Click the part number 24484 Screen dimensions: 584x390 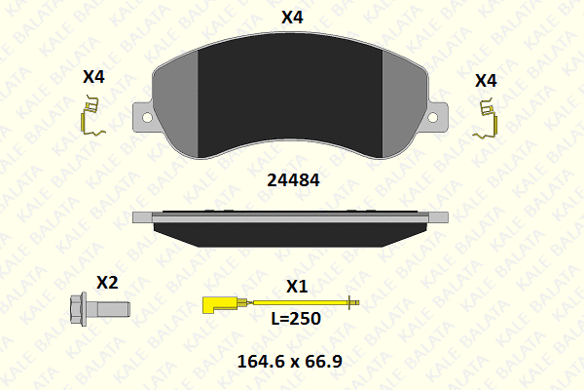(293, 180)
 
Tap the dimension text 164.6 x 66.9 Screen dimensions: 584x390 (289, 362)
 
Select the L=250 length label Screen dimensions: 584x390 (296, 319)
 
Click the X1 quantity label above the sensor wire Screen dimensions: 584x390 (297, 287)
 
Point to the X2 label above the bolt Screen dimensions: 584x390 (107, 283)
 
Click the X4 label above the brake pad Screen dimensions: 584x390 (292, 18)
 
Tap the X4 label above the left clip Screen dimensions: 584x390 (93, 76)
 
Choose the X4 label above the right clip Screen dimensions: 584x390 (486, 81)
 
